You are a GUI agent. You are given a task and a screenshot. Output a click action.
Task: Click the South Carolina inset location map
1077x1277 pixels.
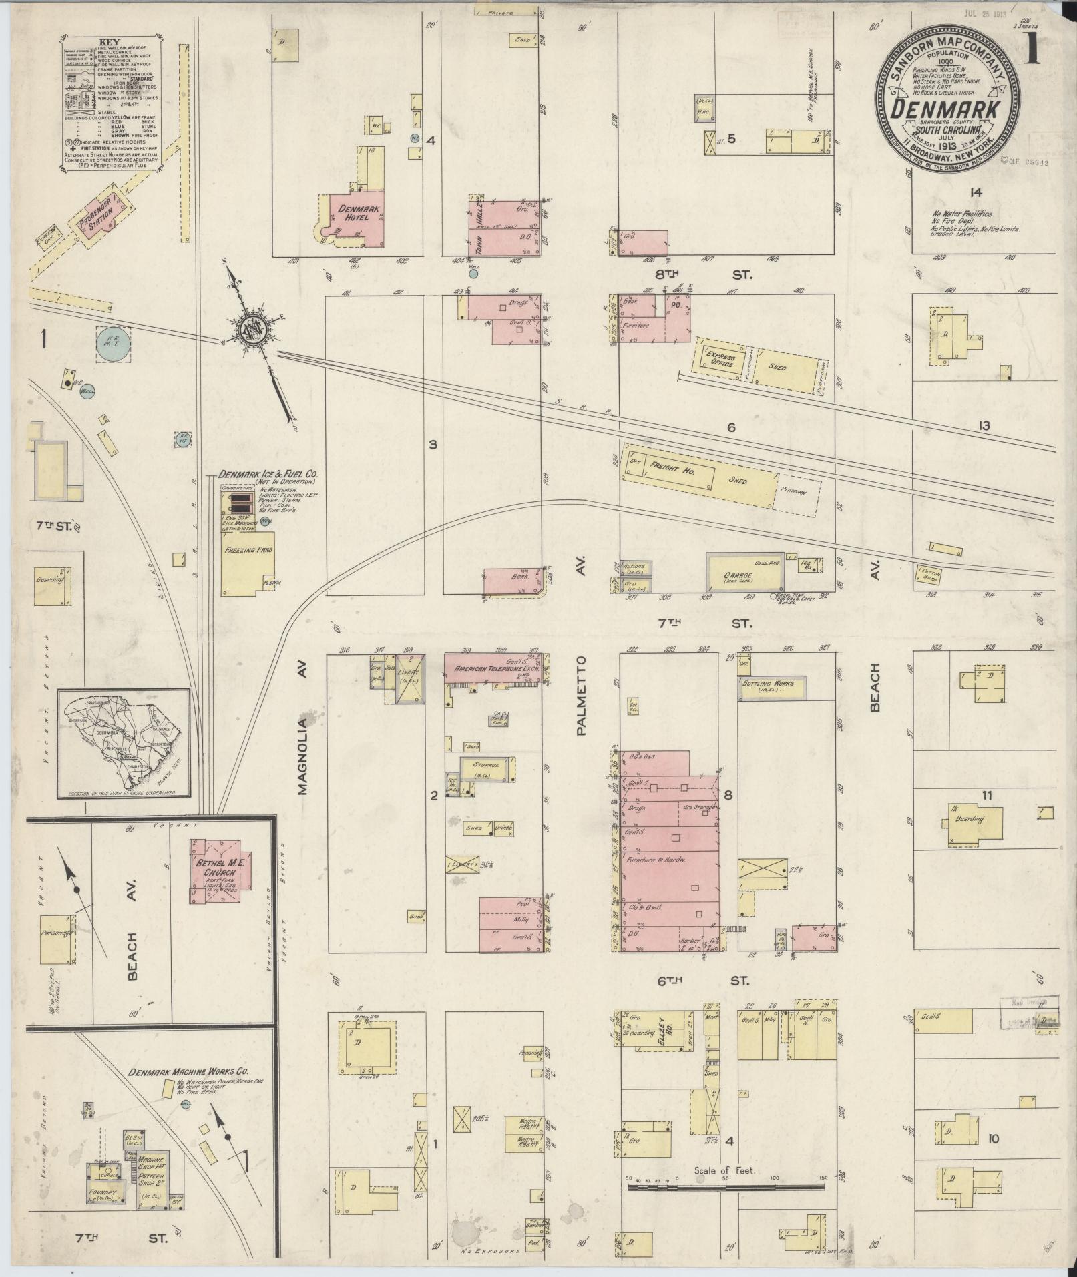124,743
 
